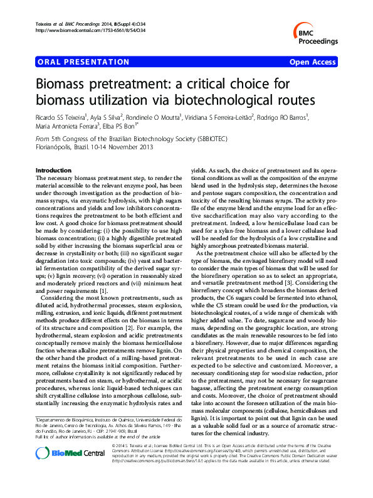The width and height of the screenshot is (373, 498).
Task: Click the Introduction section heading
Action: (x=54, y=171)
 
